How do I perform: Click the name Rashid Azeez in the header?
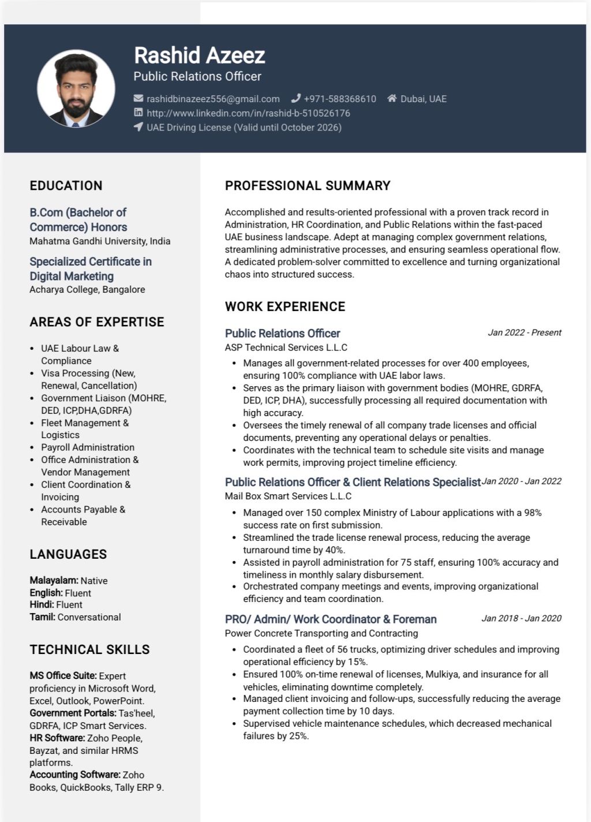199,55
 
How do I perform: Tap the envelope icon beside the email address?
139,99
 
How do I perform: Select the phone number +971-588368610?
340,99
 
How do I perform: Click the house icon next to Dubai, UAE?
392,99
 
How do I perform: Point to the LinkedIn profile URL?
248,113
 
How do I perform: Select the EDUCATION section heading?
66,186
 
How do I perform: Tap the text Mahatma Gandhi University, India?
100,241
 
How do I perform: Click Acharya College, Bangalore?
87,289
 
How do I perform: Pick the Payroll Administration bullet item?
87,447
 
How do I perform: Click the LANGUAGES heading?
68,554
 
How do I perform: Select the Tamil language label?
43,617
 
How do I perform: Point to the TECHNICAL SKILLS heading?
89,649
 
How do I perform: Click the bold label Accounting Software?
75,775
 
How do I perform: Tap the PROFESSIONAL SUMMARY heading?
308,186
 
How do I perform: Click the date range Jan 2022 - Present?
524,332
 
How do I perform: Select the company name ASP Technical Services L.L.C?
286,348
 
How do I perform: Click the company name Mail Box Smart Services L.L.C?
288,496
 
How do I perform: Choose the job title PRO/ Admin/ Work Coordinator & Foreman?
331,619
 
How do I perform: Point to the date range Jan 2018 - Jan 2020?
521,618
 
